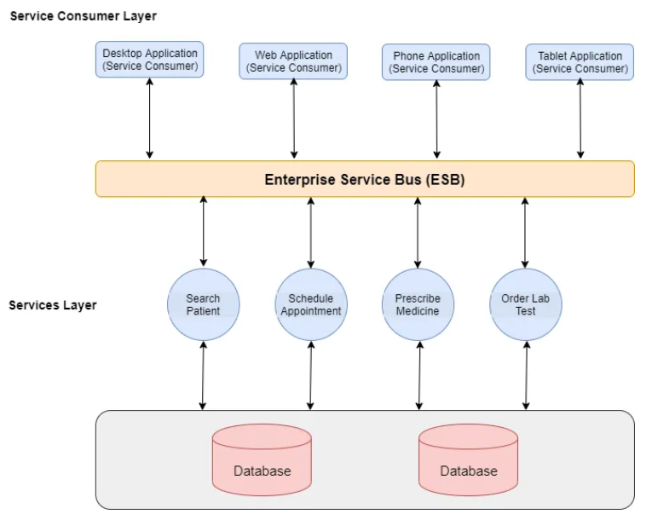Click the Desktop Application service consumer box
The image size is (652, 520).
[150, 60]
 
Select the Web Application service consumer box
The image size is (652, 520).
[293, 61]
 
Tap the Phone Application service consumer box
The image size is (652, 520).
[436, 62]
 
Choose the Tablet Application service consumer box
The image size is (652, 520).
[580, 62]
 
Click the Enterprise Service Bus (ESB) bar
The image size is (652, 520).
[365, 179]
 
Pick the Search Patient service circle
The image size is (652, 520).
[204, 304]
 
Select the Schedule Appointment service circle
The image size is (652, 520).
[311, 304]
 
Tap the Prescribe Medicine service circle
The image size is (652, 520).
[418, 304]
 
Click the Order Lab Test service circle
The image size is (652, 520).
[526, 304]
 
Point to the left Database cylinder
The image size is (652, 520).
[262, 459]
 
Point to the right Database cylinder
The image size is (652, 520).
[468, 459]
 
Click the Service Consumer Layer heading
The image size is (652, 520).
[84, 16]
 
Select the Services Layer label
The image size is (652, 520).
[53, 305]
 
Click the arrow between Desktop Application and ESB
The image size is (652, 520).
[150, 118]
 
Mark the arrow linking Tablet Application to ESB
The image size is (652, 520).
[580, 118]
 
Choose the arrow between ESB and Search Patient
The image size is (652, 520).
[204, 231]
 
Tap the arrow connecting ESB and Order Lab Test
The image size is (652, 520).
[525, 233]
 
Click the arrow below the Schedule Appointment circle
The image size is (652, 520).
[310, 376]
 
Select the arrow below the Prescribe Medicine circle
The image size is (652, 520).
[419, 376]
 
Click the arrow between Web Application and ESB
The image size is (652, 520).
[294, 118]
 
